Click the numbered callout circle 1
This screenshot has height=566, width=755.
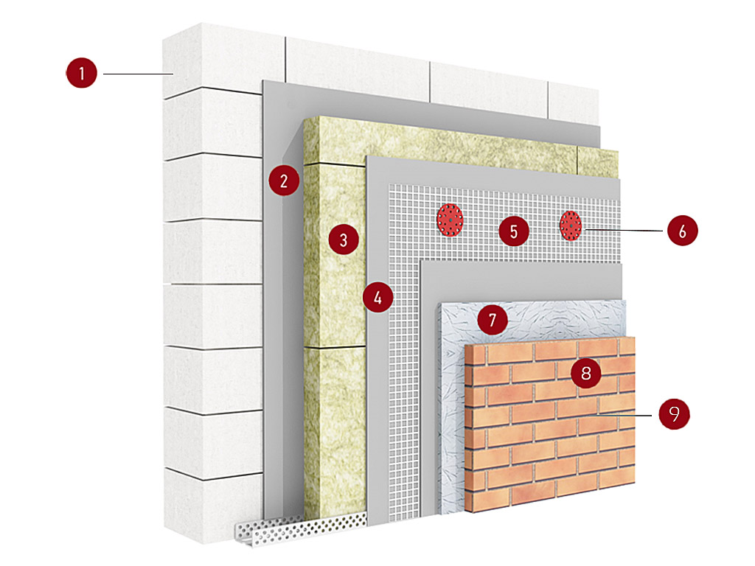pos(81,73)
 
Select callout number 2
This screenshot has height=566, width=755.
pos(284,181)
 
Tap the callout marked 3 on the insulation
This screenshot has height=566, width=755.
pos(344,240)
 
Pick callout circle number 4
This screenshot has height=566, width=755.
pos(378,297)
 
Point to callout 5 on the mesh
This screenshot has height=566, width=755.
pos(514,231)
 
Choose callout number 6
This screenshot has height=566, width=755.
pos(682,231)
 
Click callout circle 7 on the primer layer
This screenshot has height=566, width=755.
pos(492,319)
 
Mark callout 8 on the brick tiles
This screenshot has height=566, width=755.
pos(586,372)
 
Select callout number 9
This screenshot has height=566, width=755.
pos(674,413)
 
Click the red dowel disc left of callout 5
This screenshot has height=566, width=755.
pos(450,220)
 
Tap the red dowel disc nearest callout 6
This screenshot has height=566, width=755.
pos(571,226)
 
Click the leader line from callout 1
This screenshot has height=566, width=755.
pos(138,74)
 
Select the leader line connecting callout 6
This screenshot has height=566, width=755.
pos(624,230)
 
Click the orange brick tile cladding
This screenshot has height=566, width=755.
pos(550,424)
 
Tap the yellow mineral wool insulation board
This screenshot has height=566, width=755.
pos(334,312)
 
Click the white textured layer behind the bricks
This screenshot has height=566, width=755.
pos(452,409)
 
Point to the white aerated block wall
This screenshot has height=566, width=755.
pos(212,289)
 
